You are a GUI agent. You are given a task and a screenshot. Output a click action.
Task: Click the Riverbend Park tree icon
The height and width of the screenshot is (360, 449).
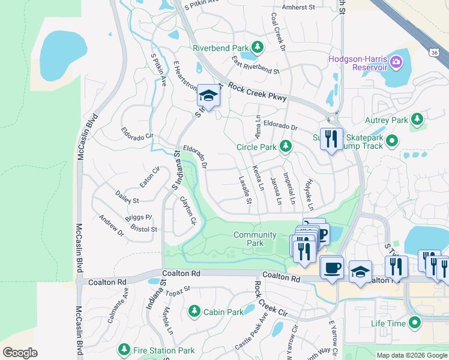point(258,47)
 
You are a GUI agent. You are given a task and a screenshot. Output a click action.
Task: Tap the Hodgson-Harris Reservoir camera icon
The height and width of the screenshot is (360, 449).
point(396,62)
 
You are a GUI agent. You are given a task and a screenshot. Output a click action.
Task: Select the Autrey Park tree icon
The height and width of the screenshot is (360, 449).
point(417,120)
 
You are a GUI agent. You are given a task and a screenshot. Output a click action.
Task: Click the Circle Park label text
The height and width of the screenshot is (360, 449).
point(256,146)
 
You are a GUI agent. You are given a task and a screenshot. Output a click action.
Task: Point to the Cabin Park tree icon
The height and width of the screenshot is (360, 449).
point(194,311)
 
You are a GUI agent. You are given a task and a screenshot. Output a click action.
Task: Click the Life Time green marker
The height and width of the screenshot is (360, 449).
point(415,323)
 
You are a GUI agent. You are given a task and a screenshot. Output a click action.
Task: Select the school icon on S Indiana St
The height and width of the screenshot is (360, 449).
point(208,95)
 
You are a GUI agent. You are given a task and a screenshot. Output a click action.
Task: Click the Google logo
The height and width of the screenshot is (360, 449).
point(20,353)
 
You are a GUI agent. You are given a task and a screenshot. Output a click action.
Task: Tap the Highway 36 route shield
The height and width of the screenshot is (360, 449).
point(435,53)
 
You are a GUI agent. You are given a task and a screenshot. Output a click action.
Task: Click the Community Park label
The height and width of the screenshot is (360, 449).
point(249,239)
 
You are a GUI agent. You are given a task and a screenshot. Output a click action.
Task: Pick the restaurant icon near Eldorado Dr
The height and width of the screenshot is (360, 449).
point(331,139)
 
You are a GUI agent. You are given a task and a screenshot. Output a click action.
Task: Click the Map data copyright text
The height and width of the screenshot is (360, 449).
point(411,355)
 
